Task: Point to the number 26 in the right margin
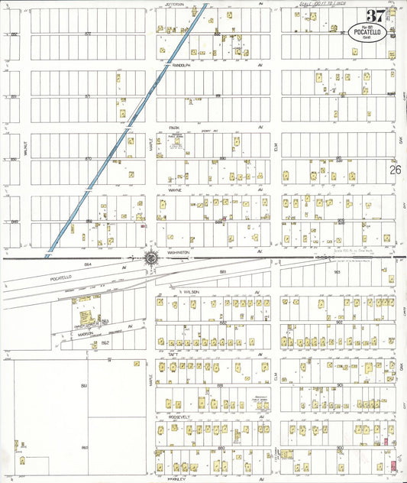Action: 395,171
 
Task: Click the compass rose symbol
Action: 151,258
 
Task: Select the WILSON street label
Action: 189,292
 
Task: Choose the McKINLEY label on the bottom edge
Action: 178,479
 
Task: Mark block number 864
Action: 88,264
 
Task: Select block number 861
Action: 84,386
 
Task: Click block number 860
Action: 84,447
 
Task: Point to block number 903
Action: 336,271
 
